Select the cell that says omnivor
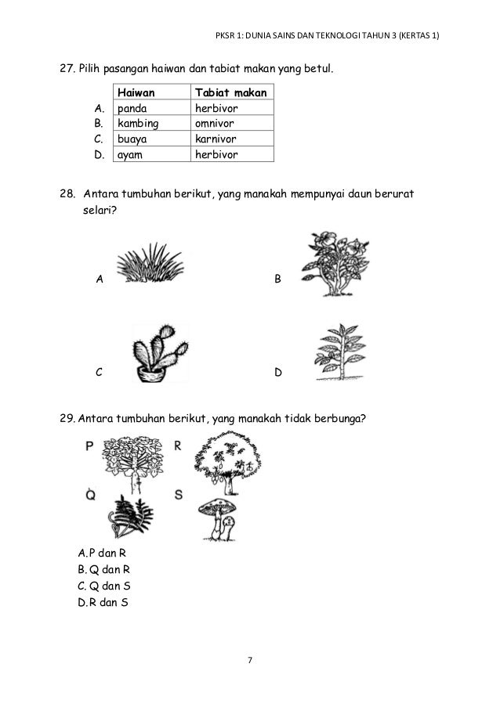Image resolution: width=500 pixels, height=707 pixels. coord(232,124)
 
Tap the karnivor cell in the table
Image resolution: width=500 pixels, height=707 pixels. coord(232,139)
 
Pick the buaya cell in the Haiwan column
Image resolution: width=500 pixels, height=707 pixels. coord(151,139)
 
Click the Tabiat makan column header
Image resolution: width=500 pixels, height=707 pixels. coord(232,93)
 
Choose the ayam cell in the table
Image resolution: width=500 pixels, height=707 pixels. coord(151,154)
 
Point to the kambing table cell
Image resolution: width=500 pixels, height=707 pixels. coord(151,124)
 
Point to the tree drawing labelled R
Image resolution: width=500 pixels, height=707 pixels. coord(226,463)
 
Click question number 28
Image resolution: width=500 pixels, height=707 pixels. coord(68,193)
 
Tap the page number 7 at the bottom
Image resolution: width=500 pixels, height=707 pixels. coord(250,661)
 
